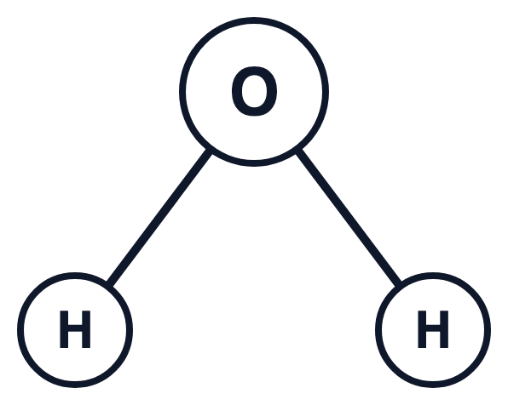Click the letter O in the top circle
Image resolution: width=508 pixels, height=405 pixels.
coord(254,91)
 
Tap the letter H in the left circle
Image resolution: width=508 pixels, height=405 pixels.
coord(75,329)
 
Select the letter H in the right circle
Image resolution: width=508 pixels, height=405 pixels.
coord(433,329)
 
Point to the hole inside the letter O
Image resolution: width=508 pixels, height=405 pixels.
coord(254,91)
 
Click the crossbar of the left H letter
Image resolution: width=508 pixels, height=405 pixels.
coord(75,328)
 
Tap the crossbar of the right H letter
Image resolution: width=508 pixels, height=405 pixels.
coord(433,328)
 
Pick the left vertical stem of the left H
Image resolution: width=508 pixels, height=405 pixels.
coord(64,329)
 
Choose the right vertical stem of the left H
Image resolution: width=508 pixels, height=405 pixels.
coord(86,329)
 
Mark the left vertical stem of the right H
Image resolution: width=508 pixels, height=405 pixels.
coord(422,329)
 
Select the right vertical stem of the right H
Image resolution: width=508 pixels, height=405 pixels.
coord(444,329)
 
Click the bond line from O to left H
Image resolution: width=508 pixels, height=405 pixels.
coord(159,217)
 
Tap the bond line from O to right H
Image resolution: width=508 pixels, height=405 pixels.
coord(349,217)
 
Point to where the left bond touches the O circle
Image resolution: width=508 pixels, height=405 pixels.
coord(209,151)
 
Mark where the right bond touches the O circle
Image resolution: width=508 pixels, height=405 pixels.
coord(299,151)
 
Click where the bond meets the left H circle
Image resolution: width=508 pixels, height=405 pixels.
coord(110,283)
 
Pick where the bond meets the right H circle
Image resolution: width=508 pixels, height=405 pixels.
coord(398,283)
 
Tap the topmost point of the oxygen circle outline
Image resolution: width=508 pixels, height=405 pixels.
coord(254,20)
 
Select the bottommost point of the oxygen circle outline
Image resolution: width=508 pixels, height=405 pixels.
coord(254,163)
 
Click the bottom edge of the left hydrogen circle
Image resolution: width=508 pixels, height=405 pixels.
coord(75,385)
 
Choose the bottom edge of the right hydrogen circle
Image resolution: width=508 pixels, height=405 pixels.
coord(433,385)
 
